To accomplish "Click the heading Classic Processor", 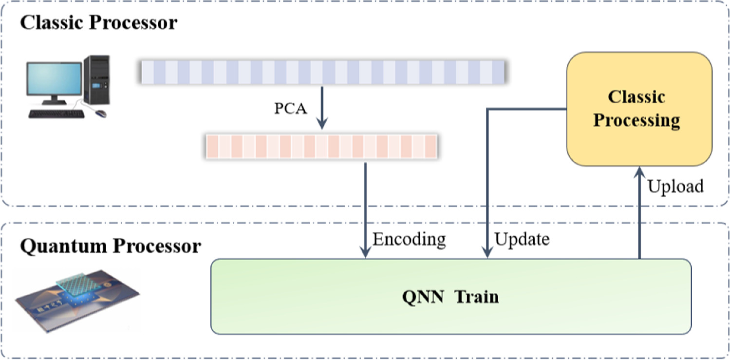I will (x=98, y=22).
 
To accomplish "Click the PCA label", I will (x=291, y=109).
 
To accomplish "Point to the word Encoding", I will (x=409, y=239).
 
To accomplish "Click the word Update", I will (x=522, y=239).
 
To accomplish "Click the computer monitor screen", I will (x=54, y=80).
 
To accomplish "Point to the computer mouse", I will (x=101, y=114).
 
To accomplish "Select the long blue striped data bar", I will (x=321, y=72).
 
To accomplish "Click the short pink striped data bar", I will (x=321, y=146).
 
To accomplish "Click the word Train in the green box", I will (x=477, y=296).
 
